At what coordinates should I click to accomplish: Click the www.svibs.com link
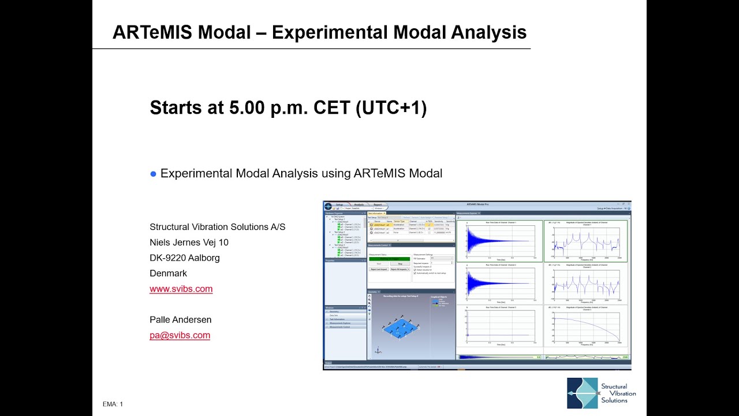point(181,289)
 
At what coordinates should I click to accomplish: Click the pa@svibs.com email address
point(180,335)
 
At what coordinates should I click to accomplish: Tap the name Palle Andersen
point(180,320)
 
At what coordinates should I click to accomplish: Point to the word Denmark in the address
point(168,273)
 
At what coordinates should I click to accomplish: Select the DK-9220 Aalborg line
point(184,258)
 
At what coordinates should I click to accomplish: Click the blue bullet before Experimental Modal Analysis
point(154,174)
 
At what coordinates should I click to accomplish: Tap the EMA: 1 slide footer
point(113,404)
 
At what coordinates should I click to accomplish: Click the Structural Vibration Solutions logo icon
point(582,393)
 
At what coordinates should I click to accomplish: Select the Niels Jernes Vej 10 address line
point(189,242)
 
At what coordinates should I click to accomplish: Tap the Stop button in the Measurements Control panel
point(400,263)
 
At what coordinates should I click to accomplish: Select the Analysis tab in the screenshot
point(359,205)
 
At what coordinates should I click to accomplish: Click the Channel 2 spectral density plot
point(586,283)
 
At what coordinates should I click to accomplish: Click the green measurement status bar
point(389,258)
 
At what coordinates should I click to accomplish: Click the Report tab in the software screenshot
point(377,205)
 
